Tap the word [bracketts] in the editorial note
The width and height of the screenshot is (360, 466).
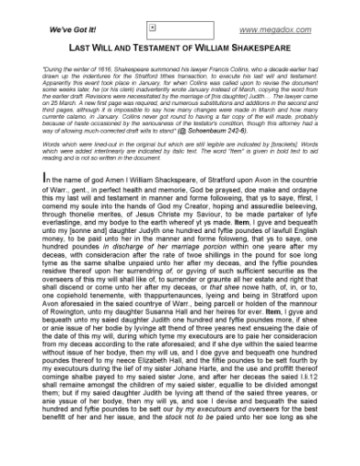[266, 145]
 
